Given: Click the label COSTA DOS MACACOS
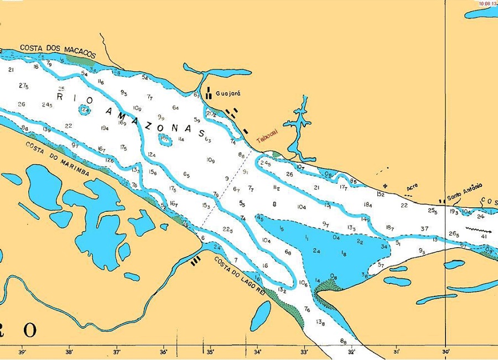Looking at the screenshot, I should coord(58,51).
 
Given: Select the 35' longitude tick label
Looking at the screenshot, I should coord(211,352).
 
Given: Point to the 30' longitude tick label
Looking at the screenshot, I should coord(446,352).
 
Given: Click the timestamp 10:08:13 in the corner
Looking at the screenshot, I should coord(487,3).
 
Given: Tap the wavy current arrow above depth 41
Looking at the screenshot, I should coord(478,228).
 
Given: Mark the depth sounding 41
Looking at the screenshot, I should coord(484,237).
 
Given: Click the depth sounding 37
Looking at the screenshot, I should coord(424,228).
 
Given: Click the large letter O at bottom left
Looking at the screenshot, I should coord(30,330).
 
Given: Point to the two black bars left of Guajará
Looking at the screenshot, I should coord(209,93).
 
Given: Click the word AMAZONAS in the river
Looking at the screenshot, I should coord(157,122).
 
